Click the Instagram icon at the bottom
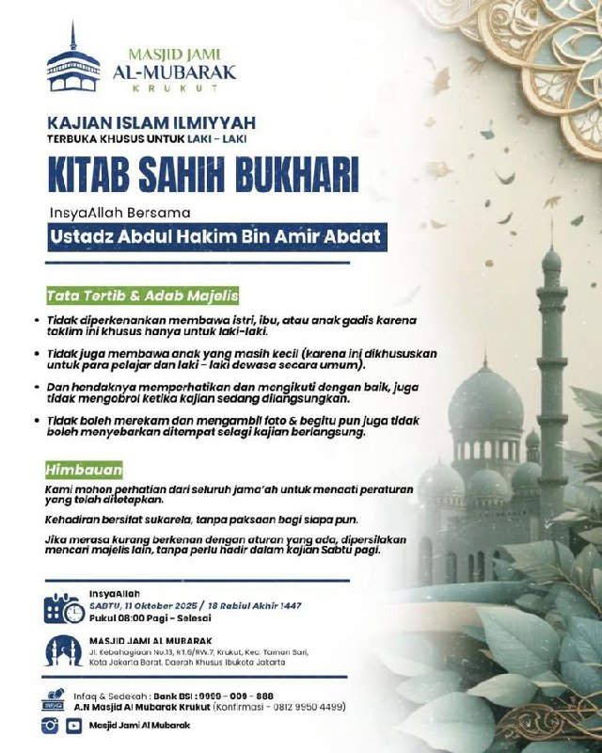click(x=52, y=725)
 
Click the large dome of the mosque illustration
click(x=486, y=395)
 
